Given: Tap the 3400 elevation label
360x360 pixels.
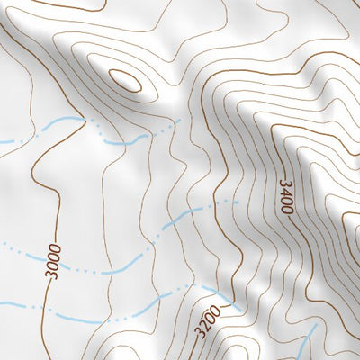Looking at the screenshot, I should [286, 196].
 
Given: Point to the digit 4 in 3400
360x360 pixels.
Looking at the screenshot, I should [286, 193].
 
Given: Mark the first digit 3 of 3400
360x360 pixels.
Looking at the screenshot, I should [286, 183].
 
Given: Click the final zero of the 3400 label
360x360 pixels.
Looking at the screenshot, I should [286, 210].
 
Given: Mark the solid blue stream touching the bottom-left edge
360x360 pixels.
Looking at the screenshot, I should [18, 305].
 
